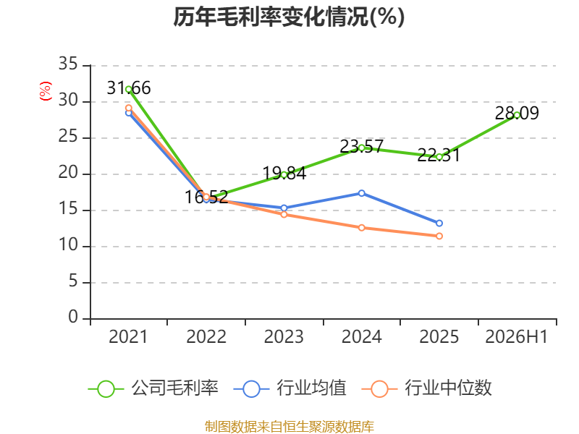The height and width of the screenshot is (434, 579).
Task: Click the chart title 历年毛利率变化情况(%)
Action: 289,17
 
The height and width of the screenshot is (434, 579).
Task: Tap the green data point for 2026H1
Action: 517,115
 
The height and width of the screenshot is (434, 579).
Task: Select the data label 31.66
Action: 129,88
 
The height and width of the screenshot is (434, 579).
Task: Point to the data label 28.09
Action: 517,113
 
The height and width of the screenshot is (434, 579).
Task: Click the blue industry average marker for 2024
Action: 361,193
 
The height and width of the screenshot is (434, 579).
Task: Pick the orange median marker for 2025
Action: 439,236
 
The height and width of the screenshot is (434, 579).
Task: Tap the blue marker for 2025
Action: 439,224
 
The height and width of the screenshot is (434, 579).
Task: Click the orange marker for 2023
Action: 284,214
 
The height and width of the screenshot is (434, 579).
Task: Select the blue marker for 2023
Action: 284,208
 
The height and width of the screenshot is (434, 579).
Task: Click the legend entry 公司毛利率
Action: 153,388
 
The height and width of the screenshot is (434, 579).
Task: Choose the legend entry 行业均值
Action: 290,388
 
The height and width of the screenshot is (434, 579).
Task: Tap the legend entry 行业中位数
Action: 427,388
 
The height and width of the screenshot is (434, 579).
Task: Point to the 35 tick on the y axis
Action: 68,64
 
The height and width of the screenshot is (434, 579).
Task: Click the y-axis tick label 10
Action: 68,245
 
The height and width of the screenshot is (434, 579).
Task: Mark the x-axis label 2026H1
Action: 517,336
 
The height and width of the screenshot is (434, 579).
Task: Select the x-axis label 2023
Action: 284,336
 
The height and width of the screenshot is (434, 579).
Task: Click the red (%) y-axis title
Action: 46,91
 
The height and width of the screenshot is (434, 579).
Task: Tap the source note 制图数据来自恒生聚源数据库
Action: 289,427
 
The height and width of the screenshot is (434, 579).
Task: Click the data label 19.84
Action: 284,173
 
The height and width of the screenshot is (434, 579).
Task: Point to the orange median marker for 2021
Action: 129,108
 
